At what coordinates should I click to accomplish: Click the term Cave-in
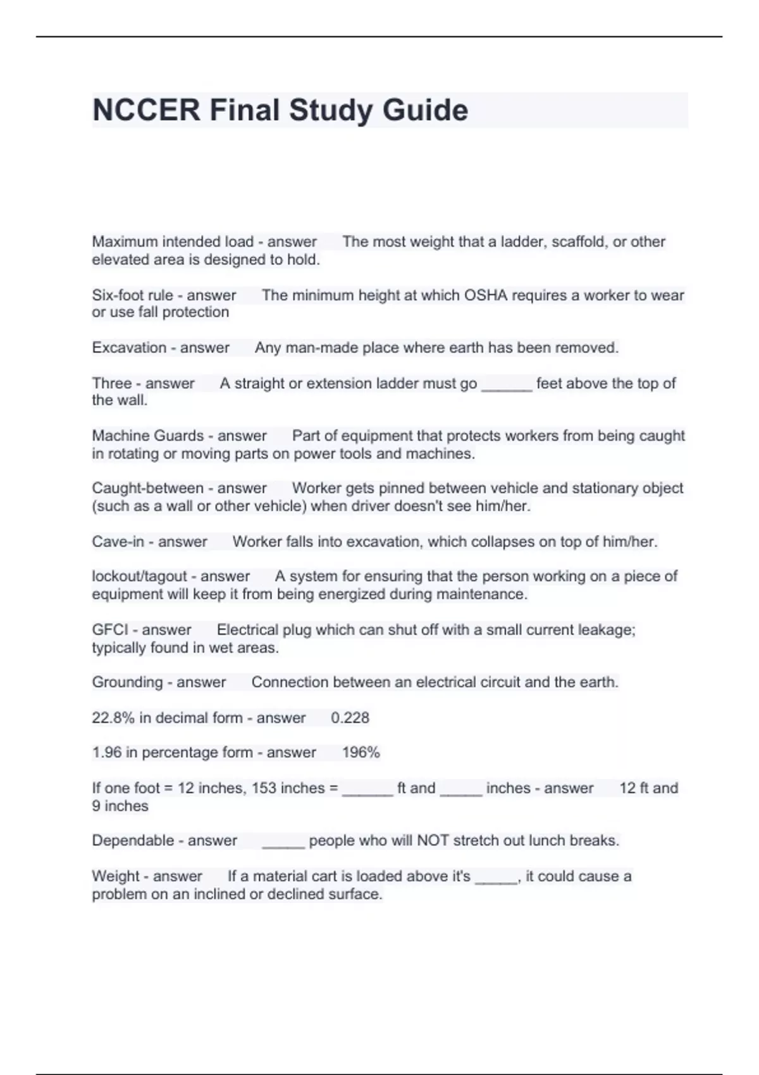click(x=118, y=542)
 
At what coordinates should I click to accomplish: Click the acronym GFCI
click(x=110, y=630)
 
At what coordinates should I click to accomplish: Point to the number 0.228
click(x=350, y=718)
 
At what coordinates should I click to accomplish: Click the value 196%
click(x=361, y=752)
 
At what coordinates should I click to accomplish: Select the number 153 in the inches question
click(x=264, y=788)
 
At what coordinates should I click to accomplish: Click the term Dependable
click(x=133, y=840)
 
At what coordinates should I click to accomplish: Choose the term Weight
click(x=114, y=876)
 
